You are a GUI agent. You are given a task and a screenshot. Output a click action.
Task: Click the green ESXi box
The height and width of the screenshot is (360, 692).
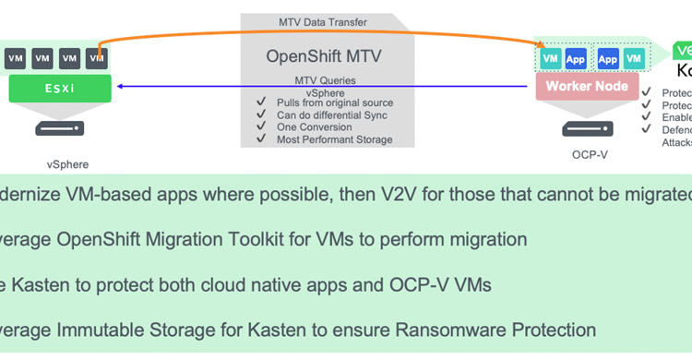click(x=60, y=89)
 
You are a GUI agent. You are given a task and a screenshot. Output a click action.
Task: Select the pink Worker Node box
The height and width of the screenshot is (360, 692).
click(x=587, y=87)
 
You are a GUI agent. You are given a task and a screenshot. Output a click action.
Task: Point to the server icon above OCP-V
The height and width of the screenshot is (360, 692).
click(x=587, y=128)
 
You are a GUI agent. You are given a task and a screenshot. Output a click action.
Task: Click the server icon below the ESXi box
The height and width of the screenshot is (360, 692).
click(x=60, y=128)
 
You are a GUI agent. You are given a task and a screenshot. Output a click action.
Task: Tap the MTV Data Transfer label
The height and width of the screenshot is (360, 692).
click(x=323, y=21)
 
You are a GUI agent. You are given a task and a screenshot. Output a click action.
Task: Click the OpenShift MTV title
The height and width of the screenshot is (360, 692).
click(x=323, y=55)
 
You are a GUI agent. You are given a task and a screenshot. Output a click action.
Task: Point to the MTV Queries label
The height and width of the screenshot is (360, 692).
click(x=324, y=80)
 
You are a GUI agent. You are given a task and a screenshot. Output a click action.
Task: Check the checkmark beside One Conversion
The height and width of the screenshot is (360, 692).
click(x=261, y=127)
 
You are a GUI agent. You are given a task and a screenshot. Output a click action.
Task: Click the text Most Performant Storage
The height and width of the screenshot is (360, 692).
click(x=334, y=139)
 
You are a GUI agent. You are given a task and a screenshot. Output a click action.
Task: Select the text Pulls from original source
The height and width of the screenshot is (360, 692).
click(x=334, y=103)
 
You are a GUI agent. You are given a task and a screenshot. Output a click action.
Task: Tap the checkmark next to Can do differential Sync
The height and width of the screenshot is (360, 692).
click(x=261, y=115)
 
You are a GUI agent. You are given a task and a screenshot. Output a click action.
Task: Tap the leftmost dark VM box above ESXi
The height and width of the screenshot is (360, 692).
click(x=16, y=59)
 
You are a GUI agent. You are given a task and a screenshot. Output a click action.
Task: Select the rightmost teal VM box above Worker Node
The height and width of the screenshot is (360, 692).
click(x=633, y=59)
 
